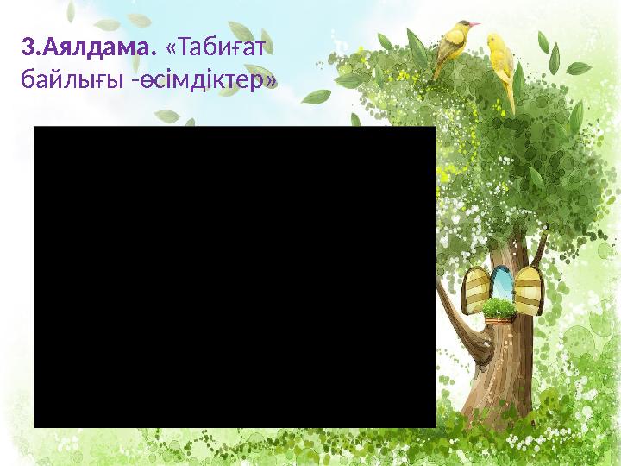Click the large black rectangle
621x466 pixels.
pyautogui.click(x=235, y=276)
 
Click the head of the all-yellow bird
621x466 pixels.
pyautogui.click(x=494, y=39)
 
